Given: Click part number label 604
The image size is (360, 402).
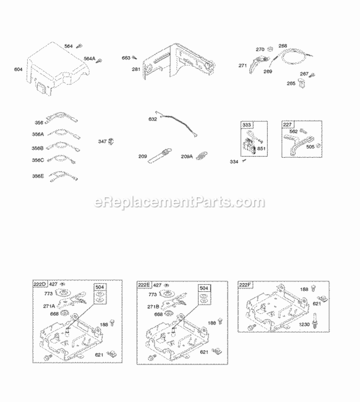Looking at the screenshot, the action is (18, 69).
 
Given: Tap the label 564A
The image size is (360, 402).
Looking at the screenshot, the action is (89, 59).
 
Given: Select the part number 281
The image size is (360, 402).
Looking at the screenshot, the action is (136, 69).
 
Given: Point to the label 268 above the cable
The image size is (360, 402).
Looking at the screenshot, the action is (283, 46).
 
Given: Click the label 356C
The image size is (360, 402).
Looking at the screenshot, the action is (38, 160).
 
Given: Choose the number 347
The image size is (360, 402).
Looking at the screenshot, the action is (102, 141).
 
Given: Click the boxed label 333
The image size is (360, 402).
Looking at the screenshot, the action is (247, 125).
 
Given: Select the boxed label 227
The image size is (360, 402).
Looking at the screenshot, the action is (287, 125).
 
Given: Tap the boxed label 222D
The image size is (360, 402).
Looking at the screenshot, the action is (40, 284).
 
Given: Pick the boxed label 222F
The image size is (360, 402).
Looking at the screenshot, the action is (245, 285).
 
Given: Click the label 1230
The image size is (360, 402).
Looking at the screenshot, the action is (304, 325).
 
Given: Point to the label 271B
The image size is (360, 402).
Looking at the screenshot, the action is (153, 307).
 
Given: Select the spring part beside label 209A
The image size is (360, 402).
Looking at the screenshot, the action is (202, 155).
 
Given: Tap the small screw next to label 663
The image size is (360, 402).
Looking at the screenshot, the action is (134, 58).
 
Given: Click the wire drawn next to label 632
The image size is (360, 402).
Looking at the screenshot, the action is (177, 124).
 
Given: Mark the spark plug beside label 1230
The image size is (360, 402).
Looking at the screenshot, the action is (314, 320).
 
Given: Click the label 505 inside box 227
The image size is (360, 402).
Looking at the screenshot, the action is (310, 147).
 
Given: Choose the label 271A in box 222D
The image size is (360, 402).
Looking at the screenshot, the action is (49, 306).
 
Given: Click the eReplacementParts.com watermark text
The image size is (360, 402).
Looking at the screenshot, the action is (180, 202).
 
